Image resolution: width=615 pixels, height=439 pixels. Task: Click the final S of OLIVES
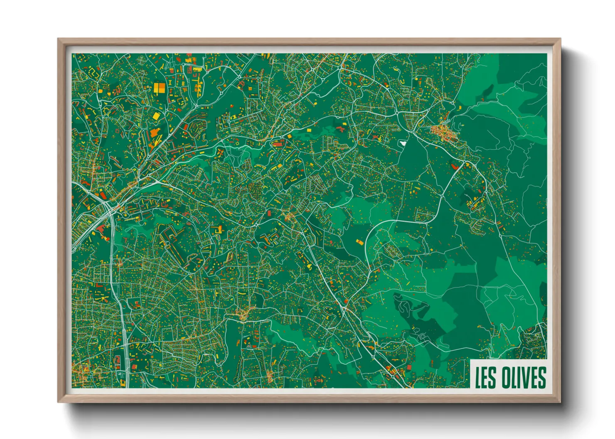tap(541, 377)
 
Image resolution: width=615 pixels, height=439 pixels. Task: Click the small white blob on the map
tap(402, 143)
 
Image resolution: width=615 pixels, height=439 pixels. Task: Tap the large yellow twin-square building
tap(160, 88)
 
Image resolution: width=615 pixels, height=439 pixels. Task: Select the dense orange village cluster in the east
tap(444, 132)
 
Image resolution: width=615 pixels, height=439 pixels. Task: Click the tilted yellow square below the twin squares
tap(156, 116)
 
